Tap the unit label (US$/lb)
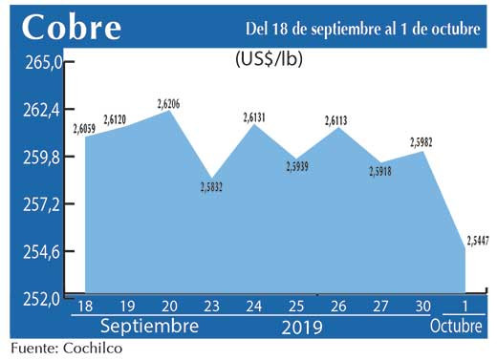269,58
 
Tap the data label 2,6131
254,117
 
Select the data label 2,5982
423,142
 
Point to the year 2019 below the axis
301,327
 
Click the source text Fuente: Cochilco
68,348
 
